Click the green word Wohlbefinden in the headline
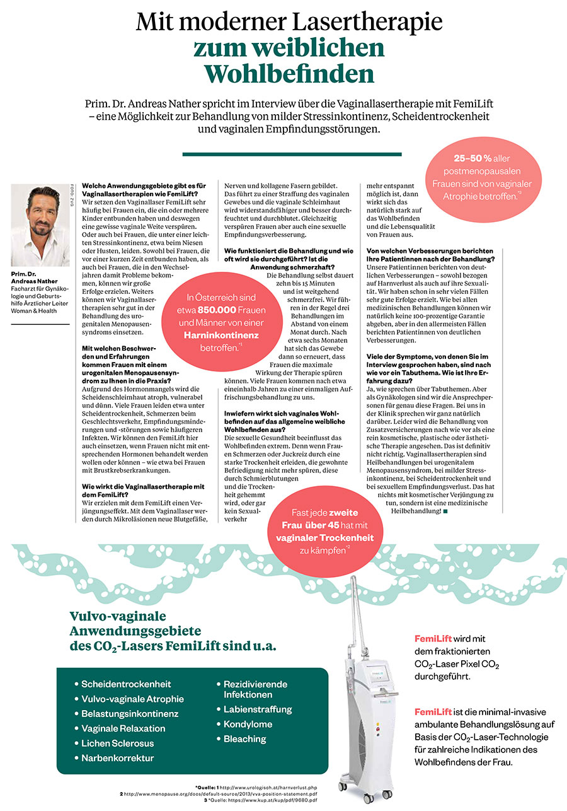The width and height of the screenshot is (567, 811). coord(289,74)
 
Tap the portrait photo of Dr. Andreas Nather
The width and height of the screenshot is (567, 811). coord(40,225)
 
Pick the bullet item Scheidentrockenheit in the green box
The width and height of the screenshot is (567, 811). coord(125,684)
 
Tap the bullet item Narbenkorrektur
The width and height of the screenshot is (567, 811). coord(117,757)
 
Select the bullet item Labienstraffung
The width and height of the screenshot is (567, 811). coord(258,709)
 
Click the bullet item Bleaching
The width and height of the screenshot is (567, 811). coord(244,738)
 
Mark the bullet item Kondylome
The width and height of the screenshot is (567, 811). coord(248,724)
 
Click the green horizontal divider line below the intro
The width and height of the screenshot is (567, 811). coord(292,154)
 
